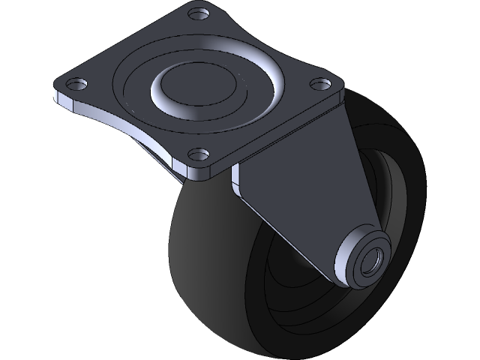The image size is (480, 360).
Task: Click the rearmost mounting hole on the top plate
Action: point(198,13)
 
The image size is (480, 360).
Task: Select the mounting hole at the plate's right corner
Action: point(320,82)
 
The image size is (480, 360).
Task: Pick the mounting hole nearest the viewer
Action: point(197,156)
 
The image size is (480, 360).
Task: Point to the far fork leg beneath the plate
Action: point(161,154)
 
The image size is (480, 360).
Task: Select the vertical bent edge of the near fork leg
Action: point(238,184)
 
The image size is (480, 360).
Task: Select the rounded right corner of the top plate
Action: point(339,88)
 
